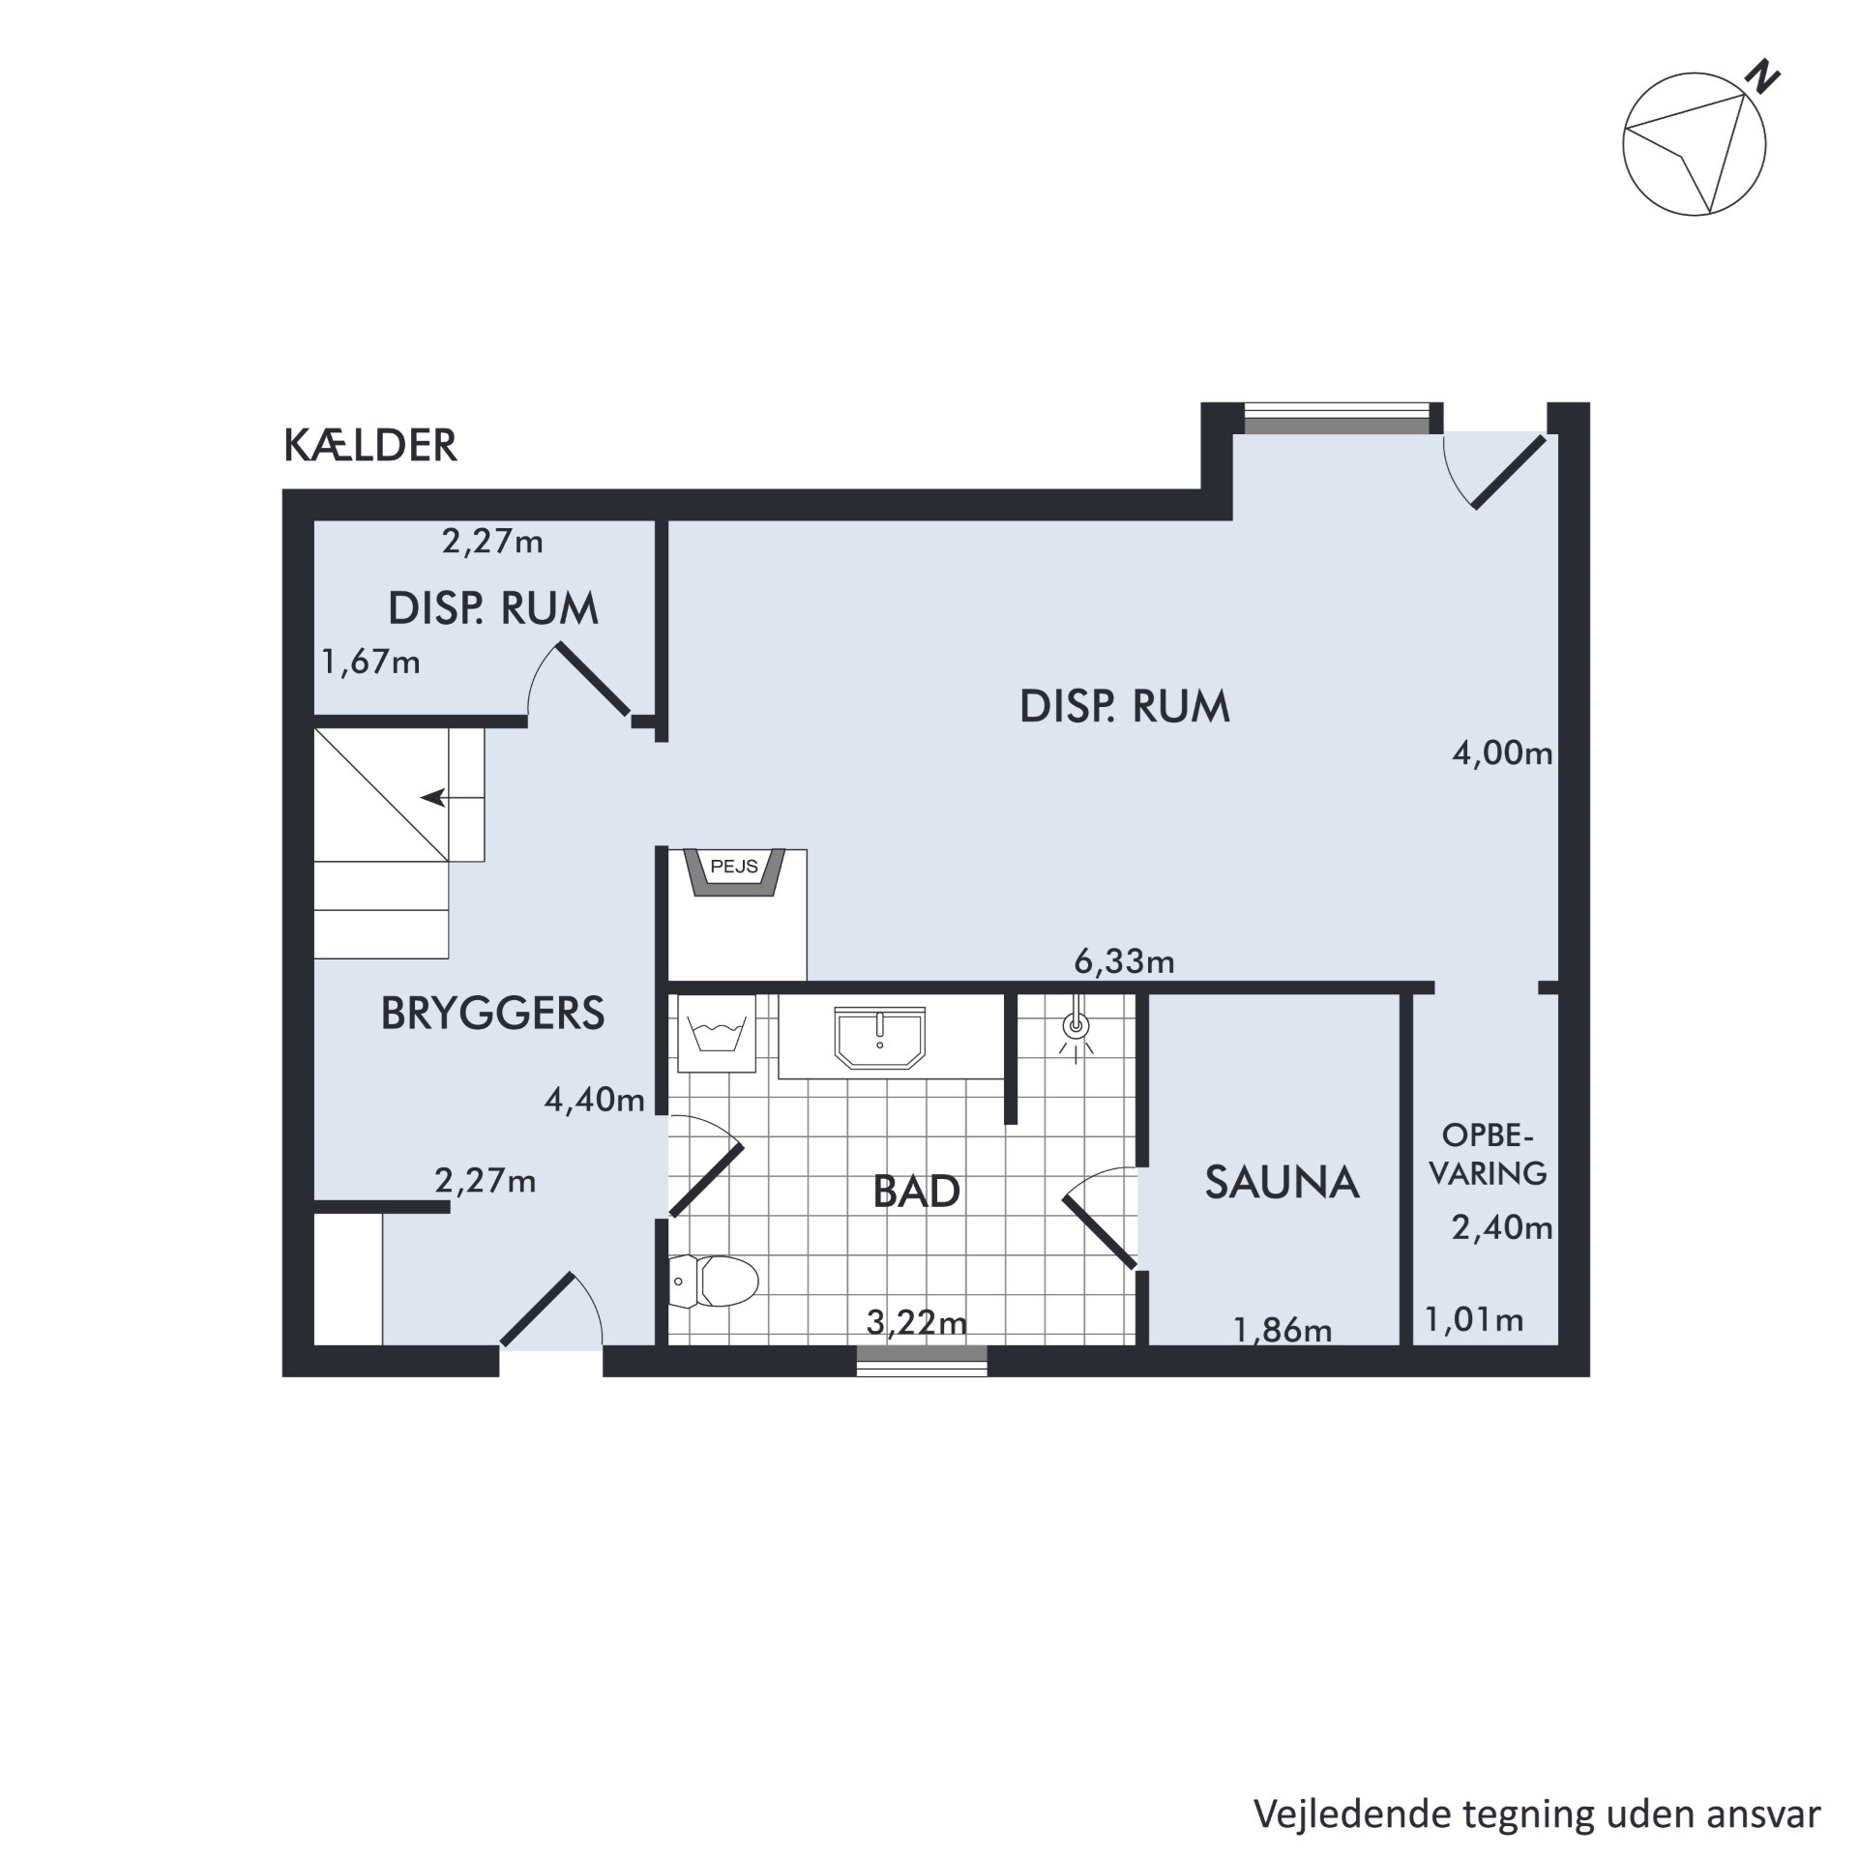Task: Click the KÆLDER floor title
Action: (369, 446)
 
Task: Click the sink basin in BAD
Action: (879, 1038)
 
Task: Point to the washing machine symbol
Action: (717, 1033)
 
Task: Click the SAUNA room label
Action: (1282, 1183)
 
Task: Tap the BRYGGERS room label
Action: (492, 1014)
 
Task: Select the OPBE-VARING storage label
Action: (1489, 1154)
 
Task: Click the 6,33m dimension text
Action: (1124, 961)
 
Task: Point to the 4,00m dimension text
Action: (1502, 753)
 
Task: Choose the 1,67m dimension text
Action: (370, 663)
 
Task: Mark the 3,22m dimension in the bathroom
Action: (916, 1321)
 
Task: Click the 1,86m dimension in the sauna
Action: (1282, 1331)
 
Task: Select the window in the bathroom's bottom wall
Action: (922, 1361)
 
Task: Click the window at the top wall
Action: (1336, 418)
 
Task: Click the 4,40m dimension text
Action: (594, 1100)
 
